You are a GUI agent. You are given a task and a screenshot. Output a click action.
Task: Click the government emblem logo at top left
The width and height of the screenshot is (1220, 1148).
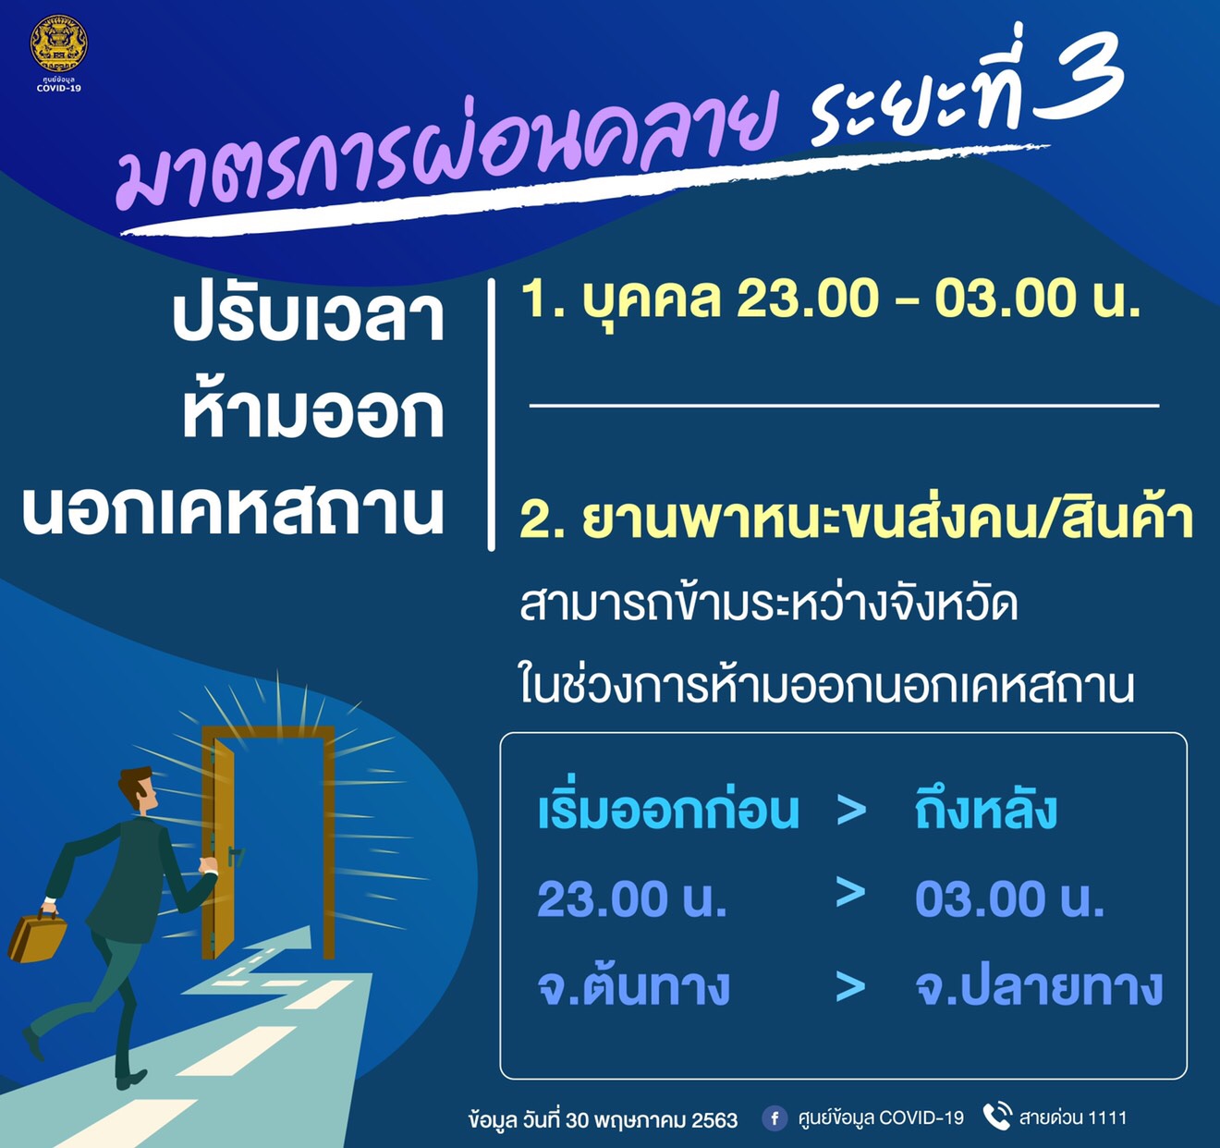[59, 43]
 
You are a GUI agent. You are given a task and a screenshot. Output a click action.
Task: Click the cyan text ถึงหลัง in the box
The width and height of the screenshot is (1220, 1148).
[986, 810]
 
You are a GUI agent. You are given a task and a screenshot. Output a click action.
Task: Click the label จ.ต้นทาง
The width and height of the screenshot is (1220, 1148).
[634, 987]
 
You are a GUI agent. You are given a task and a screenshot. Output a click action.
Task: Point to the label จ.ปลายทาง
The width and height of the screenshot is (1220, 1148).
[1039, 987]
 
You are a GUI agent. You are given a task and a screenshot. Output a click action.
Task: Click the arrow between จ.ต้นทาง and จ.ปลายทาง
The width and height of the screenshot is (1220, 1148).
[850, 987]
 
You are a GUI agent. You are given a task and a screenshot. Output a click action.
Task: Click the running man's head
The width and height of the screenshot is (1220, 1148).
[138, 788]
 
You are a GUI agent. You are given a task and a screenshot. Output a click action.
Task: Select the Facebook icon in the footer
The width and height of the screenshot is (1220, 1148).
[775, 1118]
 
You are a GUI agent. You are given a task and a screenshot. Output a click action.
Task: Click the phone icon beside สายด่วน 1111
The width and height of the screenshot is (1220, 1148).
[997, 1116]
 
